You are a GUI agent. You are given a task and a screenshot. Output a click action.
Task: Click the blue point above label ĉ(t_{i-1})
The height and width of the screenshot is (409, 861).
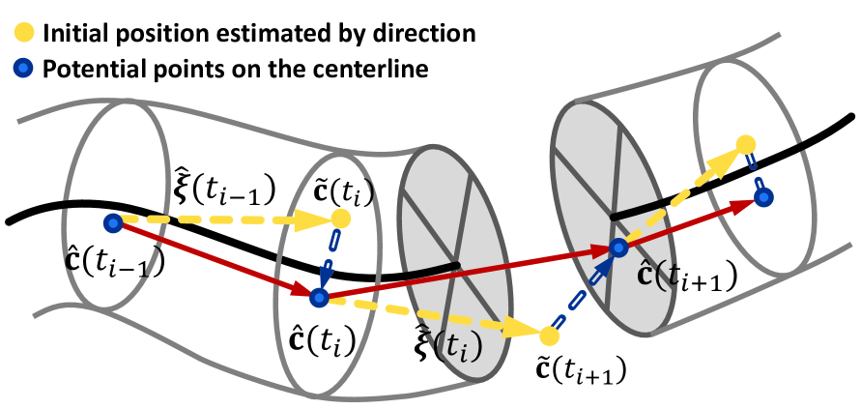click(x=114, y=223)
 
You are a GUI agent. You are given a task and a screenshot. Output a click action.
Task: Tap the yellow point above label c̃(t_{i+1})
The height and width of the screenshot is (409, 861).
click(x=548, y=336)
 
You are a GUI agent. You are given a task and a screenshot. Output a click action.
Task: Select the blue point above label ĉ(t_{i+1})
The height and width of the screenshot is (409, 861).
click(x=617, y=248)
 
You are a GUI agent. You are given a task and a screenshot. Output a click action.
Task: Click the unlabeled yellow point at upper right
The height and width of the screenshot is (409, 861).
click(x=745, y=146)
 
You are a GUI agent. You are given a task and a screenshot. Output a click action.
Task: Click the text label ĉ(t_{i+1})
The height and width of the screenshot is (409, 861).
click(x=689, y=276)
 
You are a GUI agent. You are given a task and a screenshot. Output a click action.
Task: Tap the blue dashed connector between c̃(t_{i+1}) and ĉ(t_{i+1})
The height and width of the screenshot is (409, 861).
click(x=583, y=291)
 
